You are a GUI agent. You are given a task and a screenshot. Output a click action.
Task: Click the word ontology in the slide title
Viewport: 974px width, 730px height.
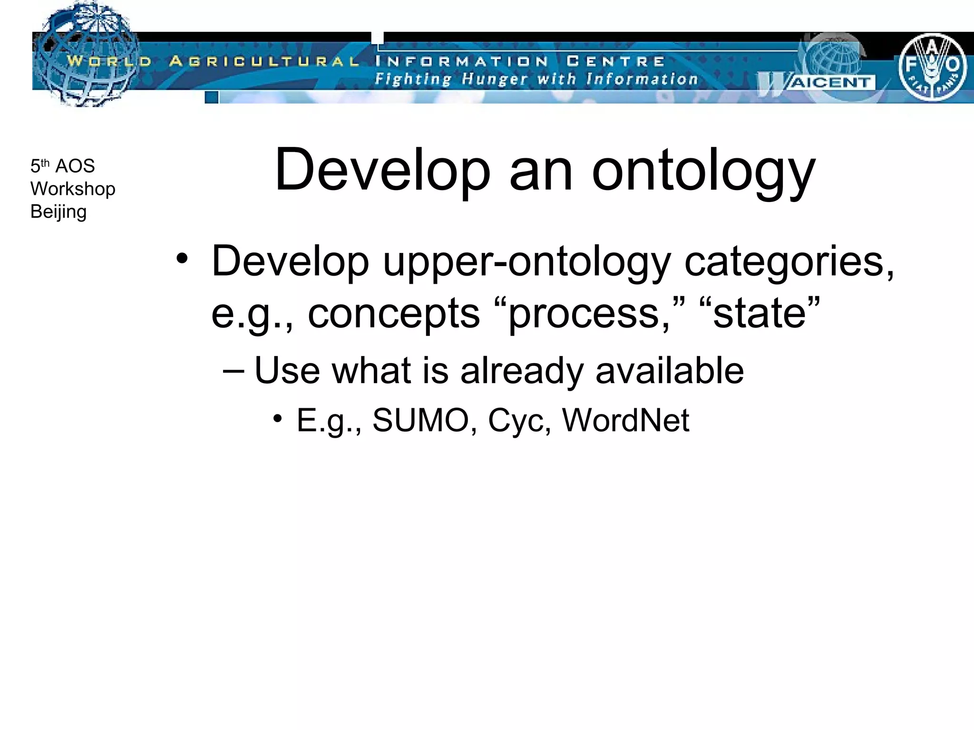pos(703,171)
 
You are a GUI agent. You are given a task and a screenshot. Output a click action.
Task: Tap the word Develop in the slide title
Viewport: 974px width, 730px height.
pos(382,171)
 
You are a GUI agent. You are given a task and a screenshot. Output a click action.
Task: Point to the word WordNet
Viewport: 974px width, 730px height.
pos(625,420)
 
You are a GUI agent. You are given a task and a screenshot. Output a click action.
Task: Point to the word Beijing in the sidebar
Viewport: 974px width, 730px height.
pos(58,212)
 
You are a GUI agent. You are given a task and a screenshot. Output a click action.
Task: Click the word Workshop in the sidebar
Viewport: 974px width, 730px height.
pos(73,189)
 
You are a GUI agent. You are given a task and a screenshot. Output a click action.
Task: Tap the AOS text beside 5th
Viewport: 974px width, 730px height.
pos(75,166)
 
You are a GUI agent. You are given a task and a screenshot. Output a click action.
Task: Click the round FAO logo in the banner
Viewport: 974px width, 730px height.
pos(932,67)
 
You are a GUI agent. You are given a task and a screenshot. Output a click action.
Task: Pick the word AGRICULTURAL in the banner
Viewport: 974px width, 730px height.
pos(264,61)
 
